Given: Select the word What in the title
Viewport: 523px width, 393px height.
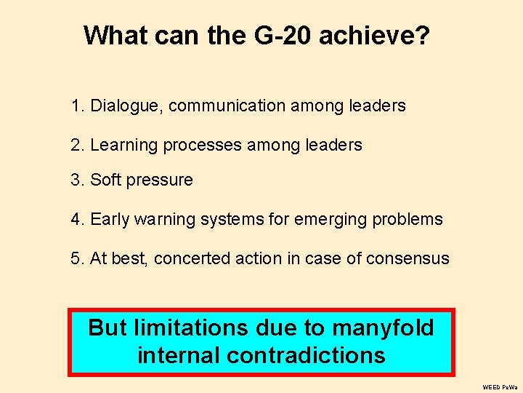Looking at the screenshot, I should tap(115, 35).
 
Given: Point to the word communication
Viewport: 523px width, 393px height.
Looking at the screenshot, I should tap(227, 106).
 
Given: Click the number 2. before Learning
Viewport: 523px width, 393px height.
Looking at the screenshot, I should tap(78, 146).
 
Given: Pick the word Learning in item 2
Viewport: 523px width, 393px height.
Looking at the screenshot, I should tap(123, 146).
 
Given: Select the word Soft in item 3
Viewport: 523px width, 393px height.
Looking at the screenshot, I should tap(104, 180).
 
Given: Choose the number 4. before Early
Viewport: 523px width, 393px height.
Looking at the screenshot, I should tap(78, 219).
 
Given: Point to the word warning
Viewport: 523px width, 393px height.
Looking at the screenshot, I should tap(166, 219).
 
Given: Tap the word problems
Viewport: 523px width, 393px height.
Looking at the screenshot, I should tap(408, 219).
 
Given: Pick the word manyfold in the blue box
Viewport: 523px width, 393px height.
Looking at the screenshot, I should tap(383, 328).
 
